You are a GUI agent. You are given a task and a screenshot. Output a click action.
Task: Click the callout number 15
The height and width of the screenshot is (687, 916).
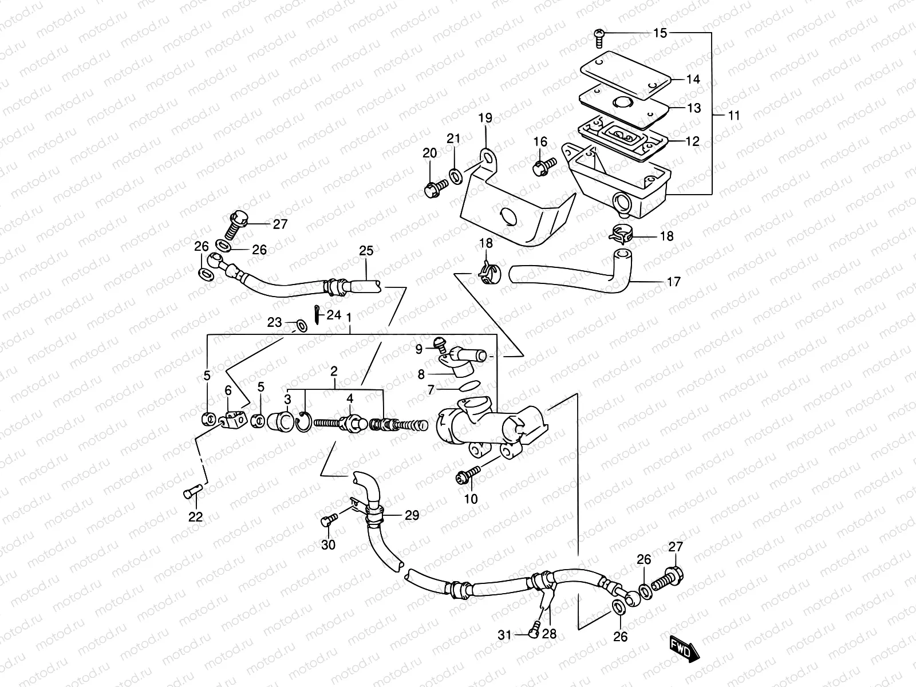pos(660,33)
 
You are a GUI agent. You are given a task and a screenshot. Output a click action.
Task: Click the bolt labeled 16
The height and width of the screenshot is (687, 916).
pos(542,167)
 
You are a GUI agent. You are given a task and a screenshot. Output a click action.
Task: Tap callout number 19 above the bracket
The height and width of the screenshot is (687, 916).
pos(485,119)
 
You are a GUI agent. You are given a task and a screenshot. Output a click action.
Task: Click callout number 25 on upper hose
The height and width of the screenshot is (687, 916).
pos(366,250)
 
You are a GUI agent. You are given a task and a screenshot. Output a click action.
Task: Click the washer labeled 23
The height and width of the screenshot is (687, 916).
pos(300,326)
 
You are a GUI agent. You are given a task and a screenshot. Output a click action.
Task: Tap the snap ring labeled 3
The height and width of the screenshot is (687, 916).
pos(303,424)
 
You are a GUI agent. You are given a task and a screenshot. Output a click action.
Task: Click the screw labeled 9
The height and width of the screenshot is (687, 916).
pos(440,345)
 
